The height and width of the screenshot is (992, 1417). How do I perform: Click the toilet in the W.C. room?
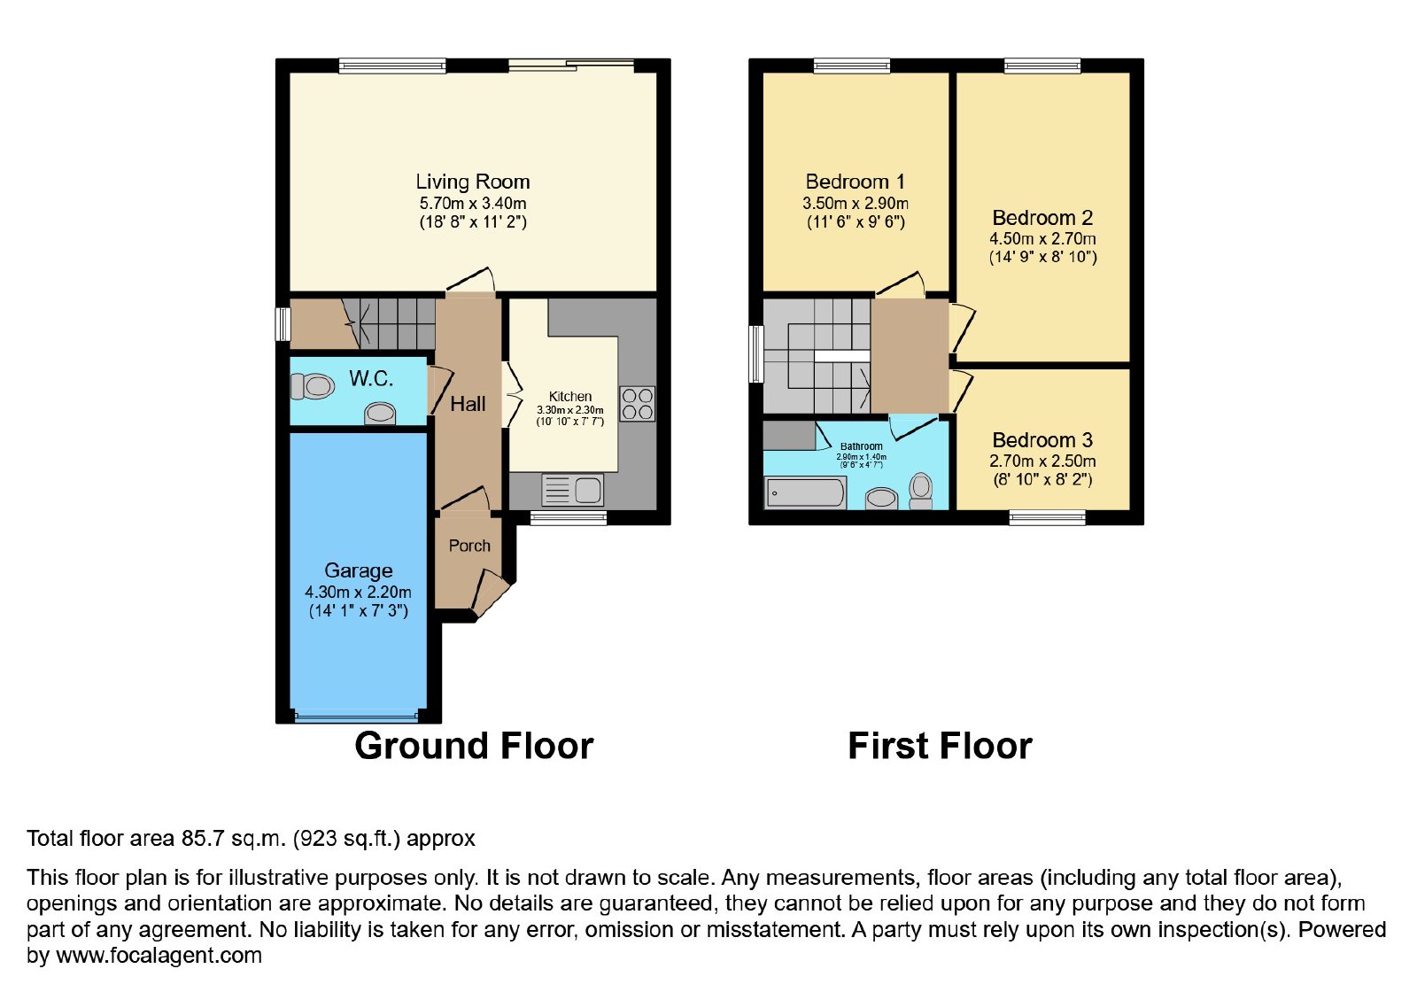[x=313, y=386]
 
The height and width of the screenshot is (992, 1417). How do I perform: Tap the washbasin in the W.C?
[x=380, y=414]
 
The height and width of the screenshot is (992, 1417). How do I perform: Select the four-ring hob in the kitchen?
[x=637, y=404]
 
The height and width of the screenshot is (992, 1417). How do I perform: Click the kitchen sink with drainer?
[x=572, y=490]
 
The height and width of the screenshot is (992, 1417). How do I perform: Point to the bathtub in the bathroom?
[x=805, y=492]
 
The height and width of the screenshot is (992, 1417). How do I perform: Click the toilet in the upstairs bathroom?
[x=920, y=492]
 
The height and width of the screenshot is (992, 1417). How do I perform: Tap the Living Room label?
[x=473, y=182]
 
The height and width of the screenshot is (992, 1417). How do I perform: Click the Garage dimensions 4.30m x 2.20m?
[x=358, y=593]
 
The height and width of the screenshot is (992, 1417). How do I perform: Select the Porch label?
[x=469, y=546]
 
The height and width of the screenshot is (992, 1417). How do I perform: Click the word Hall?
[x=468, y=404]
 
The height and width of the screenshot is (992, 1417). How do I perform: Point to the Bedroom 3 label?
[x=1042, y=439]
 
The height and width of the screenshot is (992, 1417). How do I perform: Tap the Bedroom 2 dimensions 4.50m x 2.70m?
[x=1042, y=238]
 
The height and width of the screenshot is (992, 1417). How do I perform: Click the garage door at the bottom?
[x=358, y=717]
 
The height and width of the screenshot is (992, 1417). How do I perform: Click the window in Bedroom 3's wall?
[x=1048, y=518]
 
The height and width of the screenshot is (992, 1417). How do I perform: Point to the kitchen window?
[x=568, y=518]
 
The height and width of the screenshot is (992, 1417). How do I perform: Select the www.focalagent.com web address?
[x=159, y=956]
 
